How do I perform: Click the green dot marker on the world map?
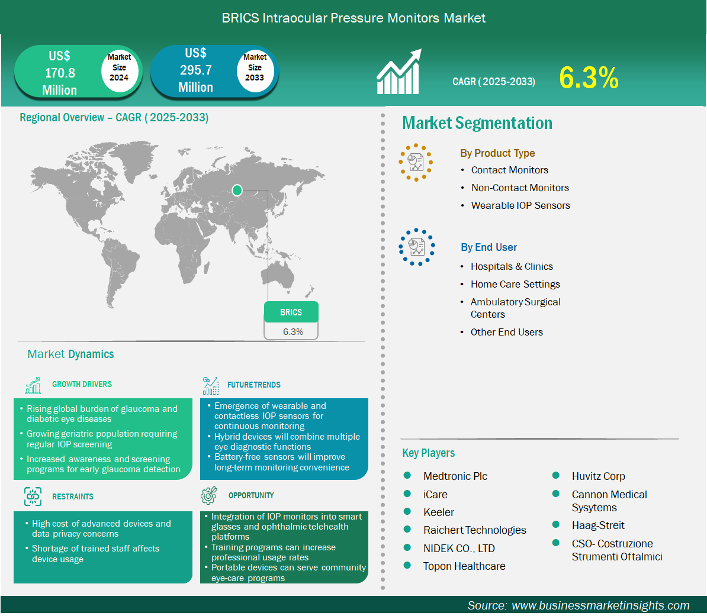(237, 190)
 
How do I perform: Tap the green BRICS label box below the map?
(291, 312)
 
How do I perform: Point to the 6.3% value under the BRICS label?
(293, 332)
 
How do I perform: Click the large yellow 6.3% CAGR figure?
(589, 78)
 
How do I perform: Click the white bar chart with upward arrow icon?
(399, 72)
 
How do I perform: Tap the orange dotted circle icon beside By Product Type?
(416, 163)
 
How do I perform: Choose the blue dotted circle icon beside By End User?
(417, 247)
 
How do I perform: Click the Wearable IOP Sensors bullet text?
(520, 205)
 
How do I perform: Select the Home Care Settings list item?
(515, 285)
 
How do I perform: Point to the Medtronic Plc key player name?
(455, 476)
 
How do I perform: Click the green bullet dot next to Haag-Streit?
(556, 524)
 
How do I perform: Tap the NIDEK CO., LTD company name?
(459, 549)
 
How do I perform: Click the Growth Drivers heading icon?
(33, 385)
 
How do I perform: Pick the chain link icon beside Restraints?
(33, 496)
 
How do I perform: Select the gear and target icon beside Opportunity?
(209, 495)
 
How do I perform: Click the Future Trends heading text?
(254, 385)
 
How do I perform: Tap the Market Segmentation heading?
(477, 123)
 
